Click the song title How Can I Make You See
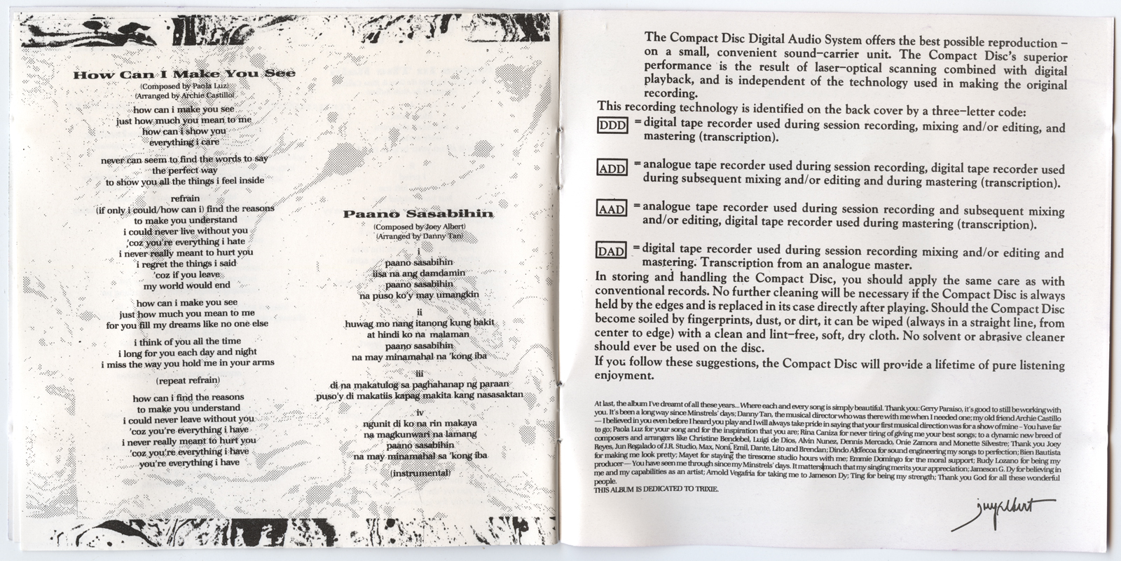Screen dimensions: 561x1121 click(184, 74)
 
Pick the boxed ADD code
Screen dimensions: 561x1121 click(612, 168)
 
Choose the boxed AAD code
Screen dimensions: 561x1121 click(612, 209)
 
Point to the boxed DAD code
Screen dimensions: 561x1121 click(612, 250)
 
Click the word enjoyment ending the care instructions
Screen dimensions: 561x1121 click(624, 376)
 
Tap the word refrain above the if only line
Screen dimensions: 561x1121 click(185, 198)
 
